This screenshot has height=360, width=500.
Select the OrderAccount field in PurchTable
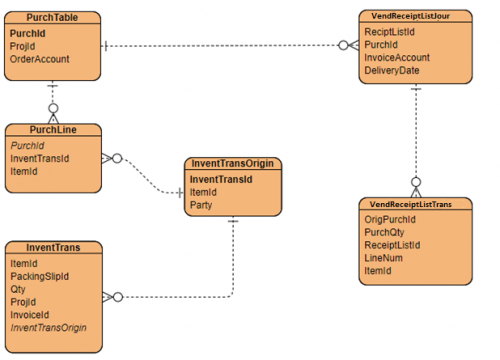point(39,59)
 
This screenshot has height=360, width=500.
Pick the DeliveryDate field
point(392,71)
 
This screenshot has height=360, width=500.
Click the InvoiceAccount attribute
point(398,58)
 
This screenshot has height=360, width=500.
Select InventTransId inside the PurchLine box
point(39,158)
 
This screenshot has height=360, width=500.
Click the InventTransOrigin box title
point(232,164)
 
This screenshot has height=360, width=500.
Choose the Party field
point(201,205)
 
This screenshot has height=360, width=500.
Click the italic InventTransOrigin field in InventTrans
point(48,327)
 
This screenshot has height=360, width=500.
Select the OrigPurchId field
point(390,218)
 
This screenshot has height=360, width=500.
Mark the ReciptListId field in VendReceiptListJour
point(390,32)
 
